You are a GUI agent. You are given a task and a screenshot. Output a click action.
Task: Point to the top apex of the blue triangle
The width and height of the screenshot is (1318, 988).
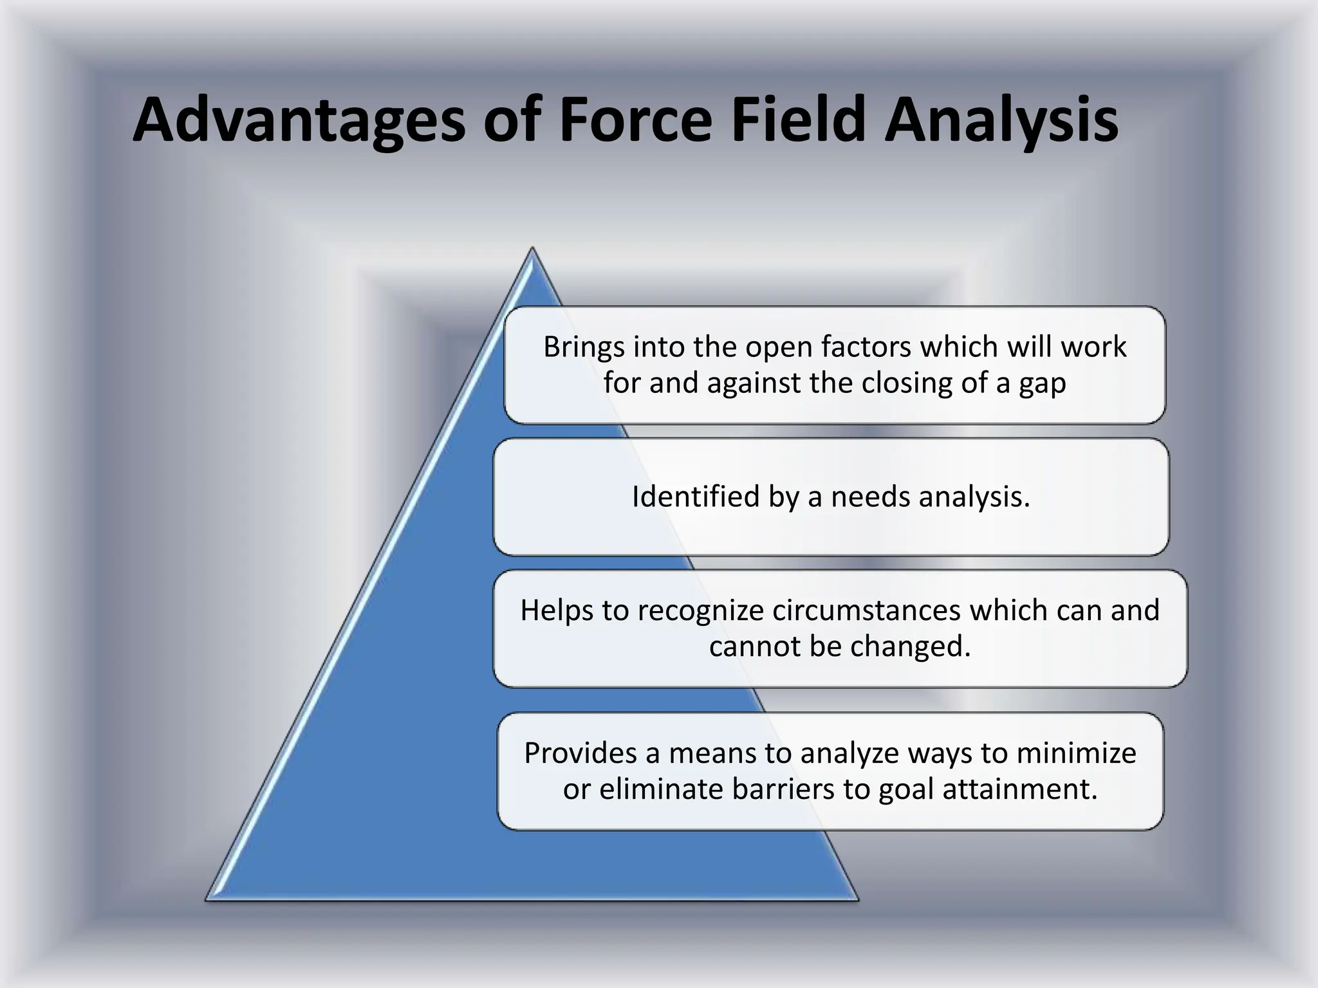pos(532,250)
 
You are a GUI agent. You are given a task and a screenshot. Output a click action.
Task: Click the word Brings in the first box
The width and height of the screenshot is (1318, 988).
pos(584,347)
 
